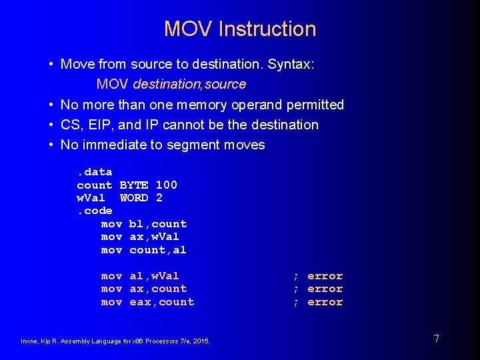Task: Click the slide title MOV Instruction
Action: [x=240, y=29]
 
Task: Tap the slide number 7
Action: [x=436, y=339]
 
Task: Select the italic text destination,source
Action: [x=189, y=85]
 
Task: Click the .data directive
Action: [x=95, y=172]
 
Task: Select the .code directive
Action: [x=95, y=211]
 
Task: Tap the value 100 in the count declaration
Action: [x=166, y=185]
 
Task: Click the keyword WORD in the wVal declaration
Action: [x=134, y=198]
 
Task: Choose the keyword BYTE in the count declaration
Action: [x=133, y=185]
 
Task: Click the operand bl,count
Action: [x=158, y=224]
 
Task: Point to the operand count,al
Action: [x=158, y=250]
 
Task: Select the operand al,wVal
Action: [x=154, y=276]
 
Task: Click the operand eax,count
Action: [x=162, y=302]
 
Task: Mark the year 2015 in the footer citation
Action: [x=201, y=341]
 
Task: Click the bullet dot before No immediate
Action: [x=51, y=145]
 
